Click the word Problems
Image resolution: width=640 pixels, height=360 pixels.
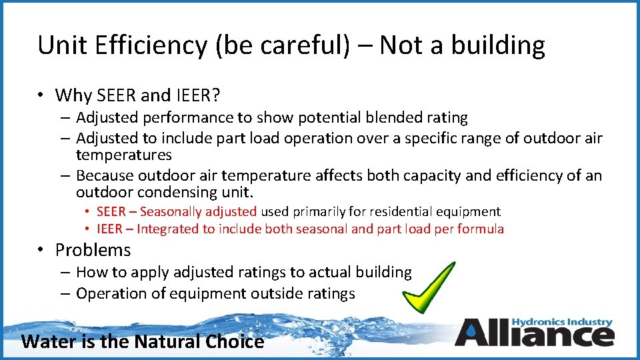point(93,250)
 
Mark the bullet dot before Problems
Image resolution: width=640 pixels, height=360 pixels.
point(41,251)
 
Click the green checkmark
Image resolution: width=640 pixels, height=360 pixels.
point(427,287)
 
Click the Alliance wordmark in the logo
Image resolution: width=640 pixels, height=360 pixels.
point(533,333)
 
